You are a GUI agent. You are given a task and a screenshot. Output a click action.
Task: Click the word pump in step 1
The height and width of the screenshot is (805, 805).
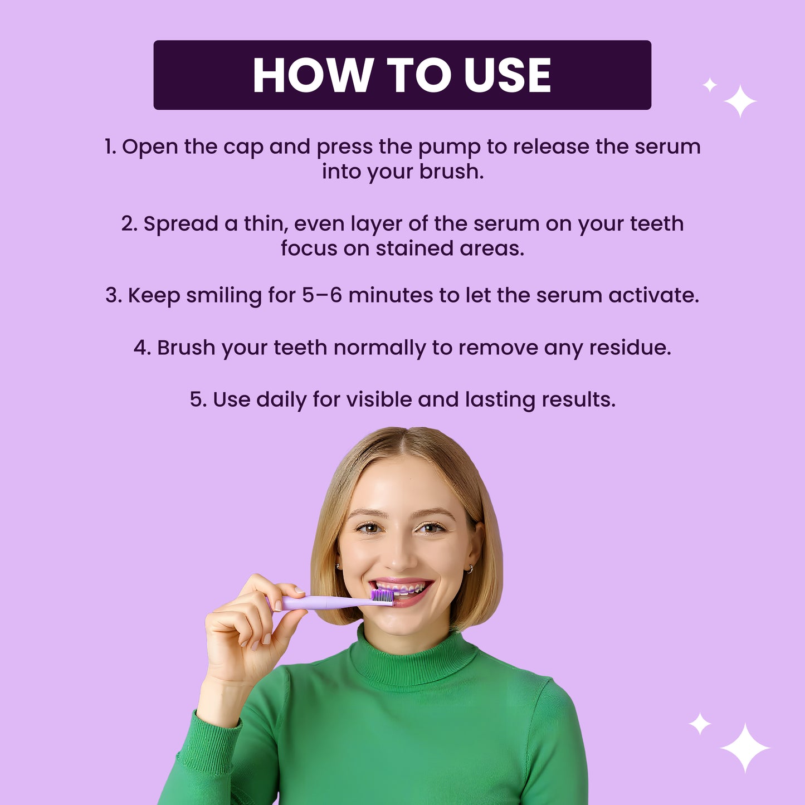point(449,148)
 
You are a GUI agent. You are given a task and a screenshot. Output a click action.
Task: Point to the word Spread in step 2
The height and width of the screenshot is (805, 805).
point(180,224)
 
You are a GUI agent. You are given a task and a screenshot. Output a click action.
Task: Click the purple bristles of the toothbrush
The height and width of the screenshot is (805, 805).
point(382,596)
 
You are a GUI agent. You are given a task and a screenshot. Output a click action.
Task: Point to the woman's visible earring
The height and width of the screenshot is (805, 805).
point(470,569)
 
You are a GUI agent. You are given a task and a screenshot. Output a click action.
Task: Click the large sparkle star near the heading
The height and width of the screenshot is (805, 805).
point(740,101)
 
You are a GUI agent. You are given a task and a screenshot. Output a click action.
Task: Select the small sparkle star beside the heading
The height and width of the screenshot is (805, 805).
point(710,85)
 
